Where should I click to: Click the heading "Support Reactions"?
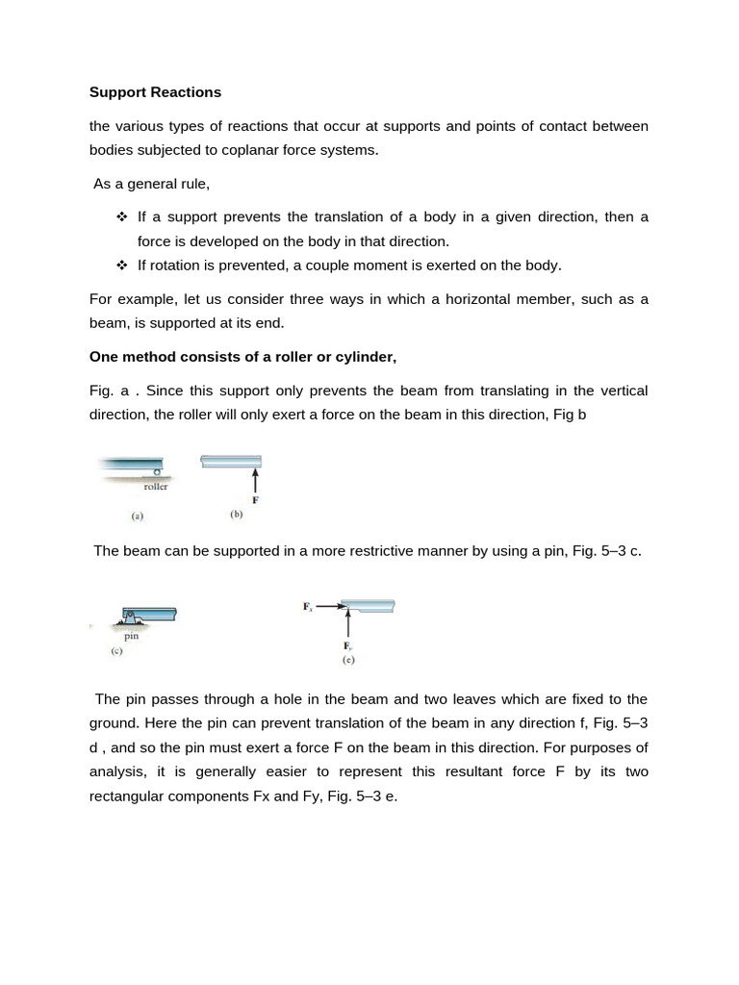pyautogui.click(x=155, y=92)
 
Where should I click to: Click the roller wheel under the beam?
pyautogui.click(x=157, y=471)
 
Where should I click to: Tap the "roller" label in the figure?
pyautogui.click(x=155, y=487)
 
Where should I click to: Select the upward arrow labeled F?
pyautogui.click(x=254, y=480)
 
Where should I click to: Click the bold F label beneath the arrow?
pyautogui.click(x=254, y=500)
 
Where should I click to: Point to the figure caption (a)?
pyautogui.click(x=138, y=516)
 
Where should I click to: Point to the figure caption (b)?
pyautogui.click(x=237, y=515)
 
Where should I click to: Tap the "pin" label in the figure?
pyautogui.click(x=132, y=636)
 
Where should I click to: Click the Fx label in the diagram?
pyautogui.click(x=308, y=607)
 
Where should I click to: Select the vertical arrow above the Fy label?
pyautogui.click(x=346, y=627)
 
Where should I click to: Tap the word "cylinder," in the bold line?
pyautogui.click(x=364, y=357)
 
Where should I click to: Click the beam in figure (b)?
pyautogui.click(x=231, y=461)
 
